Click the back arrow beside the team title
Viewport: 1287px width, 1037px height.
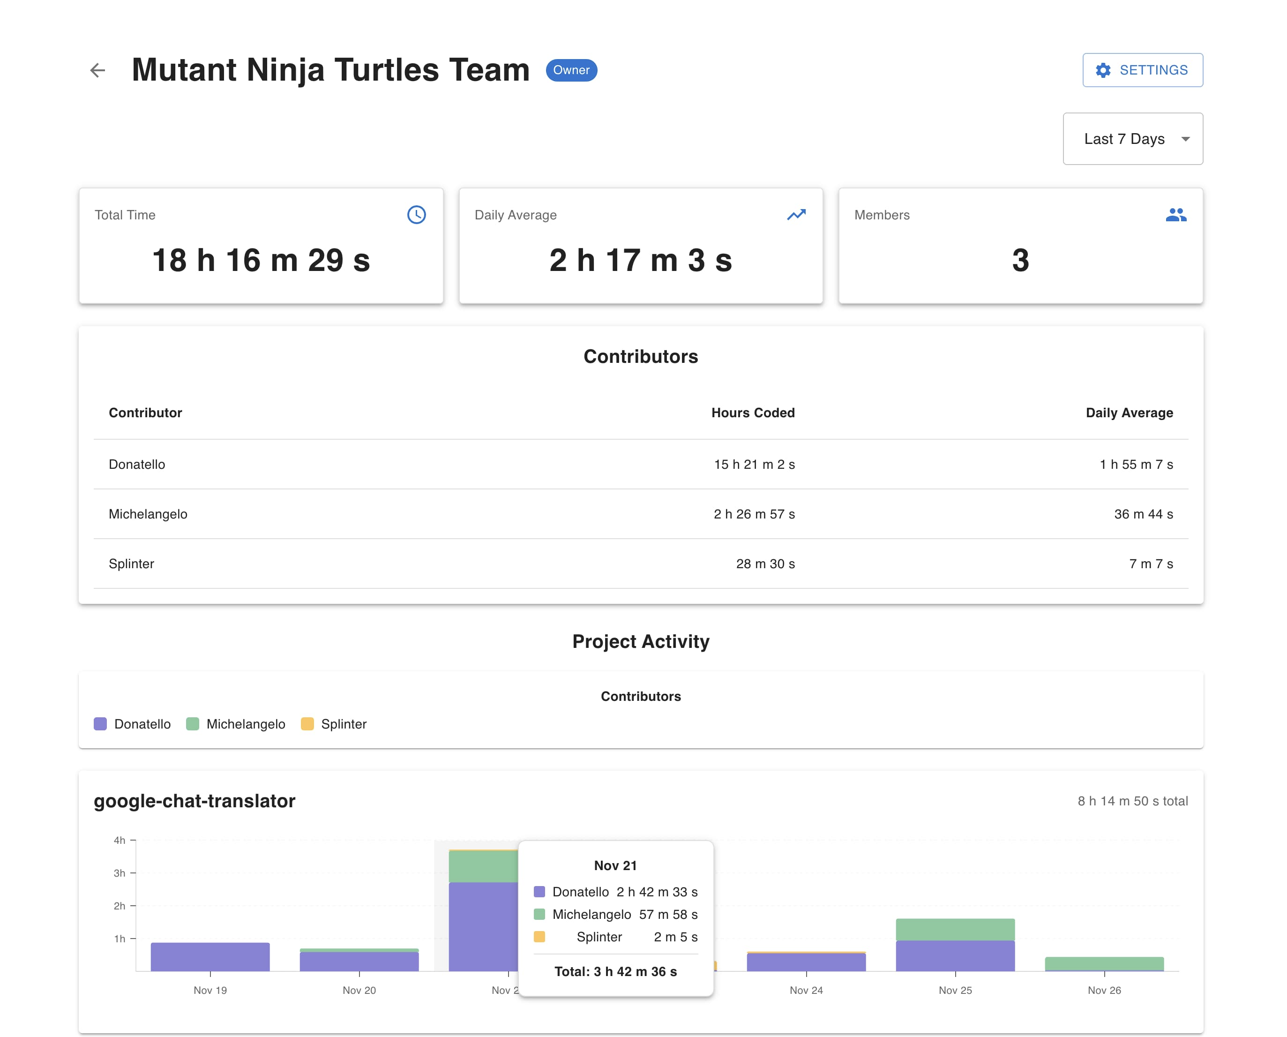pos(97,70)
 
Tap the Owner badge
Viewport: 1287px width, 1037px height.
pos(571,70)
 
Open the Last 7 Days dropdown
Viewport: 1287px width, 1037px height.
pos(1132,139)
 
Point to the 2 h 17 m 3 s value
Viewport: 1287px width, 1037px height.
pos(640,261)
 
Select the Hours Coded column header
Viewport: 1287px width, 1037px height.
pos(753,413)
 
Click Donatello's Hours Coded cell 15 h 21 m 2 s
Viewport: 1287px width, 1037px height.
pos(754,465)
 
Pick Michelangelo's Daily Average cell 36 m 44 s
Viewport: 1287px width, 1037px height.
pos(1143,514)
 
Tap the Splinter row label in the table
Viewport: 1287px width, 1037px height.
pos(131,564)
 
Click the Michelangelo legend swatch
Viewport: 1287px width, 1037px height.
pos(192,724)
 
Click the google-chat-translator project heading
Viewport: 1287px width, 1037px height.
pos(195,801)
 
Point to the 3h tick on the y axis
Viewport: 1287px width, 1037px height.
pos(120,873)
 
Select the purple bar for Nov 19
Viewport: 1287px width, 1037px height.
pos(210,957)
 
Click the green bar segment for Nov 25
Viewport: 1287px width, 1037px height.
pos(955,930)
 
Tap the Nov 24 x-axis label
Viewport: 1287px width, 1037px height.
pos(806,991)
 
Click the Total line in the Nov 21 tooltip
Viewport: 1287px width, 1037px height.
pos(615,972)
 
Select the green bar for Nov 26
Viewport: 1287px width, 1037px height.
pos(1104,963)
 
